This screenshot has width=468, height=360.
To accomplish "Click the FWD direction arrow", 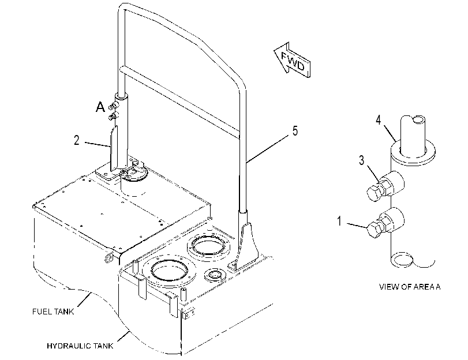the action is pos(292,60).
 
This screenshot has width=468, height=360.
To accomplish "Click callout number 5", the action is pos(295,131).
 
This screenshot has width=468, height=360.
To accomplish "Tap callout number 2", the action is pos(77,140).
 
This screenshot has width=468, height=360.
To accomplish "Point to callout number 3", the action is pos(361,160).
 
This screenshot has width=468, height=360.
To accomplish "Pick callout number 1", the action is pos(339,221).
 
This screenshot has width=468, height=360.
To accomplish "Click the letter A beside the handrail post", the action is pos(100,107).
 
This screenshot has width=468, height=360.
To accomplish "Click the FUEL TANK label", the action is pos(53,312).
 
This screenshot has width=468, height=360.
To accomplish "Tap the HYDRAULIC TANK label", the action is pos(80,346).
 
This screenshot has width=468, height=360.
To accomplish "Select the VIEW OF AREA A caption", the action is pos(410,287).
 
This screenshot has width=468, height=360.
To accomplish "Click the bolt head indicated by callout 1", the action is pos(375,229).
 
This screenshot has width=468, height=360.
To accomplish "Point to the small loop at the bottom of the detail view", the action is pos(402,260).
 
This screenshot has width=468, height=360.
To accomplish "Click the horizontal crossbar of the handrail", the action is pos(179,102).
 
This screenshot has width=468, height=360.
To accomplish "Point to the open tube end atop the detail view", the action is pos(419,121).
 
